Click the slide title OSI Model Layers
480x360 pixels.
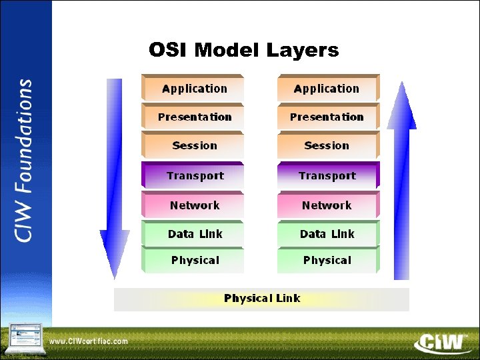pyautogui.click(x=243, y=50)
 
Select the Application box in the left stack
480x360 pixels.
pyautogui.click(x=193, y=89)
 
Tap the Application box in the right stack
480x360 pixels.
pyautogui.click(x=327, y=89)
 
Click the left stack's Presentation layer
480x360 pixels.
pyautogui.click(x=193, y=117)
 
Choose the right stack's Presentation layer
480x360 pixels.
pyautogui.click(x=327, y=117)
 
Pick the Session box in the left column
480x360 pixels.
pyautogui.click(x=193, y=145)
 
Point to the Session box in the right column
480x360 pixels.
pyautogui.click(x=327, y=145)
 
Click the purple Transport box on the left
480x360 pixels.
pyautogui.click(x=193, y=176)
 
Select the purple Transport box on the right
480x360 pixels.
pyautogui.click(x=327, y=176)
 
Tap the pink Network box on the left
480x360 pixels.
pyautogui.click(x=193, y=205)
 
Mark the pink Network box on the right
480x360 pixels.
pyautogui.click(x=327, y=205)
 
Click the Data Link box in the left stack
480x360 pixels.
pyautogui.click(x=193, y=234)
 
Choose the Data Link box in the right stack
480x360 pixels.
pyautogui.click(x=327, y=234)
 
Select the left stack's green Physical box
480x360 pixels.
pyautogui.click(x=193, y=260)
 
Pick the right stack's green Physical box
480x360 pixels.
pyautogui.click(x=327, y=260)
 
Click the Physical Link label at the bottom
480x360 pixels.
pyautogui.click(x=262, y=299)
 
